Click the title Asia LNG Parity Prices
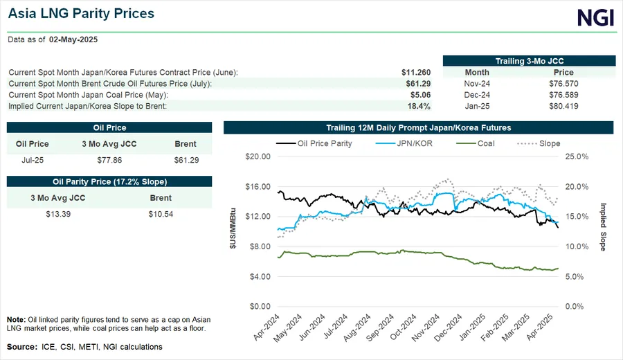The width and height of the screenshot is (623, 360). click(x=81, y=14)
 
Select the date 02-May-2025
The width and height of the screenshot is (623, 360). click(x=73, y=40)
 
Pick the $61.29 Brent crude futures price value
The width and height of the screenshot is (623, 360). click(x=418, y=83)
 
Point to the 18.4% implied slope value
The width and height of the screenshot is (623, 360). click(x=419, y=106)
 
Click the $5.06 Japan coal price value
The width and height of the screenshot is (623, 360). click(x=419, y=95)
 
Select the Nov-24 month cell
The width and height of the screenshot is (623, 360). click(x=477, y=83)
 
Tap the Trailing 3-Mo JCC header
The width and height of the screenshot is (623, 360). click(x=529, y=61)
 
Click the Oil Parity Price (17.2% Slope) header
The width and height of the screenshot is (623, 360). click(x=109, y=181)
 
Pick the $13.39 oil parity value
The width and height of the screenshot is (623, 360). click(x=58, y=213)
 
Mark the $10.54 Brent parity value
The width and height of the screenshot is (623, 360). click(x=161, y=213)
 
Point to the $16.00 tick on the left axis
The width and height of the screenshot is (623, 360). click(x=258, y=187)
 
